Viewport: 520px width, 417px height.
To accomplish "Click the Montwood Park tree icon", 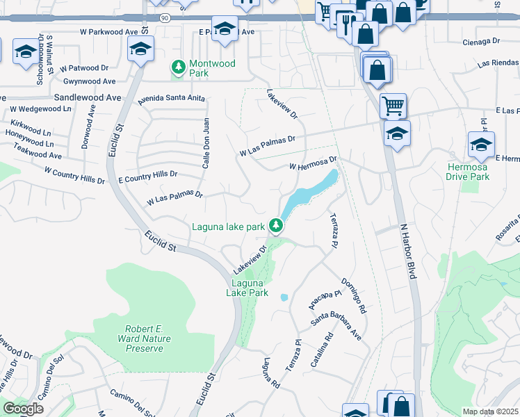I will pyautogui.click(x=179, y=67).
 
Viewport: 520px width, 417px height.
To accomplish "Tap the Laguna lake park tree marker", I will pyautogui.click(x=277, y=225).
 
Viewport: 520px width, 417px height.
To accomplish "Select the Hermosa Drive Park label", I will pyautogui.click(x=467, y=172).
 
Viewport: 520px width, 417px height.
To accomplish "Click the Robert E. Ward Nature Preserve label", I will pyautogui.click(x=149, y=338).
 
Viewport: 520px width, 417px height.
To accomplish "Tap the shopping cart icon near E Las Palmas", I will pyautogui.click(x=393, y=106).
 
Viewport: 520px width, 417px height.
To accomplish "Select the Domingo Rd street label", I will pyautogui.click(x=353, y=296).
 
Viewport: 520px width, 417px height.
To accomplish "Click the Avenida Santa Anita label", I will pyautogui.click(x=171, y=98).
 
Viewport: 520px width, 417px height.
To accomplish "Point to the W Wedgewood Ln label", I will pyautogui.click(x=40, y=109).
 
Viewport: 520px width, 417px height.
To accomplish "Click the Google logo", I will pyautogui.click(x=22, y=409).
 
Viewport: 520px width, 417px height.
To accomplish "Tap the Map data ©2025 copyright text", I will pyautogui.click(x=490, y=411).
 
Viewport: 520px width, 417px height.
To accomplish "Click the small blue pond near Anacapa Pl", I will pyautogui.click(x=284, y=297).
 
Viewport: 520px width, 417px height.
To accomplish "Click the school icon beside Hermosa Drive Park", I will pyautogui.click(x=481, y=145).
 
